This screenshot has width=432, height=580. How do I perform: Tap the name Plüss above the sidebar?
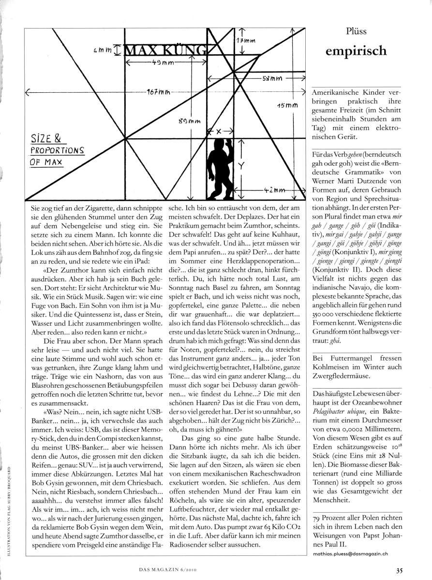(356, 31)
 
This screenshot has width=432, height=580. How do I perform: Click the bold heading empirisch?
(356, 50)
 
